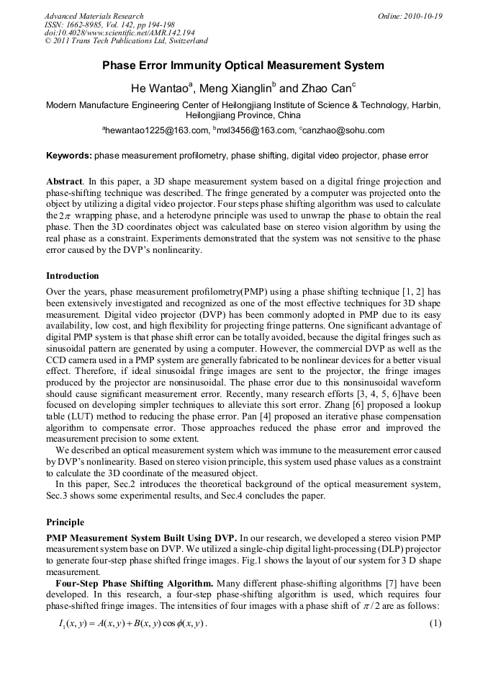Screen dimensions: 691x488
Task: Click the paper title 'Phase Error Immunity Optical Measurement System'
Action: click(243, 66)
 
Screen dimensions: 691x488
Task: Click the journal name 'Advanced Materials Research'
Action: click(94, 16)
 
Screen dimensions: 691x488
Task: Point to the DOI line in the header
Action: click(119, 33)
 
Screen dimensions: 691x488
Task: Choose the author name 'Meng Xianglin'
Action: click(234, 89)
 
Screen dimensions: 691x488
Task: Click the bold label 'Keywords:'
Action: click(69, 155)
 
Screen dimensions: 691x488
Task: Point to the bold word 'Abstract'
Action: click(65, 182)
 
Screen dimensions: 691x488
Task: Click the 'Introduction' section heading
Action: click(73, 276)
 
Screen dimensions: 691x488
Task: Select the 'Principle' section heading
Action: click(65, 522)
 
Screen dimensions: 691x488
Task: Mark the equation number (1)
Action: click(434, 623)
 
